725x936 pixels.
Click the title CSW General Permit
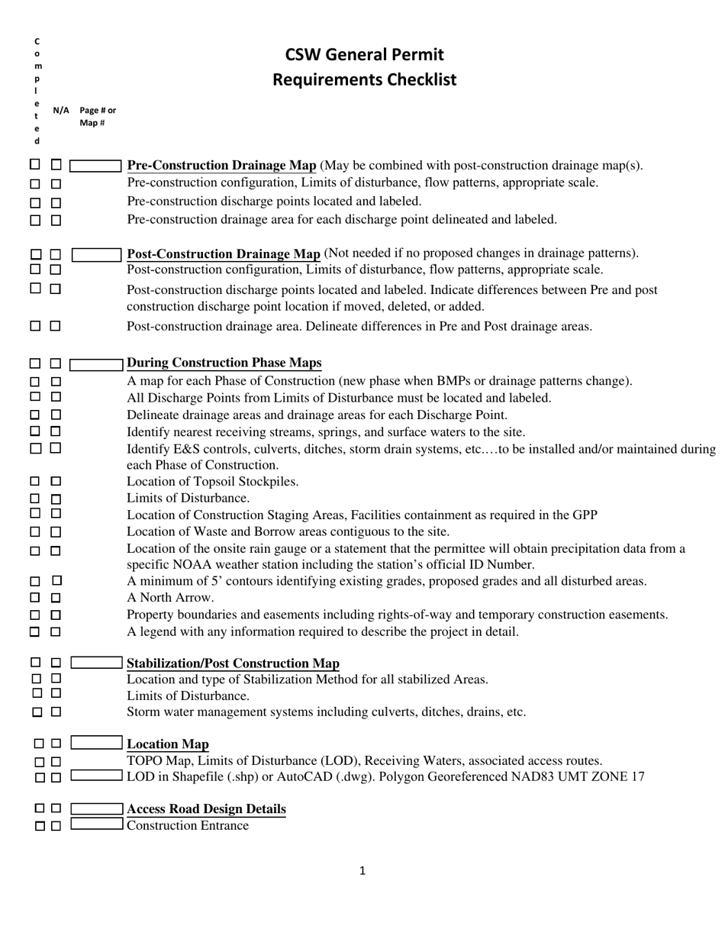coord(364,54)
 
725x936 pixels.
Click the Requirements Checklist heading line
coord(364,79)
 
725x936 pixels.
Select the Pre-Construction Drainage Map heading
coord(221,166)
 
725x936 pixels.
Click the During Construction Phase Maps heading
coord(224,363)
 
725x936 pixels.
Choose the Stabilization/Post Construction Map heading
coord(233,663)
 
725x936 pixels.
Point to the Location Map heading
coord(167,744)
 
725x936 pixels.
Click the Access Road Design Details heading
coord(206,809)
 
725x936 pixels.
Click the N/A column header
coord(61,111)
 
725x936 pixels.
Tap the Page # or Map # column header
coord(97,116)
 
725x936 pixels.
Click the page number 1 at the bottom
coord(362,870)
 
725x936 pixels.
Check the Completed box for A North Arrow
coord(35,598)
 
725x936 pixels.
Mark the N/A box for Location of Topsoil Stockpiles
coord(56,482)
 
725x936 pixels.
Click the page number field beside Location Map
coord(96,743)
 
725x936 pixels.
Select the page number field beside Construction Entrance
coord(96,825)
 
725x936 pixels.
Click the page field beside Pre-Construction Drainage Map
coord(96,166)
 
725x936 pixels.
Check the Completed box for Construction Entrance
coord(40,825)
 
